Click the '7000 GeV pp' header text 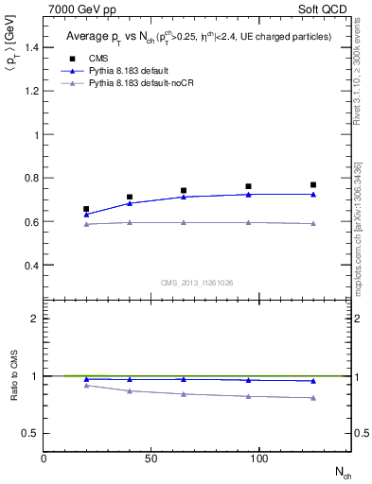tap(75, 9)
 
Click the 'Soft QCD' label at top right tap(325, 9)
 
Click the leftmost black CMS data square tap(87, 209)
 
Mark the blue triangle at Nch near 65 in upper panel tap(184, 197)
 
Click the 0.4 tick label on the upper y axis tap(32, 266)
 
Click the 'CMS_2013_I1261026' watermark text tap(196, 283)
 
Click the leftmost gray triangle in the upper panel tap(87, 223)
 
